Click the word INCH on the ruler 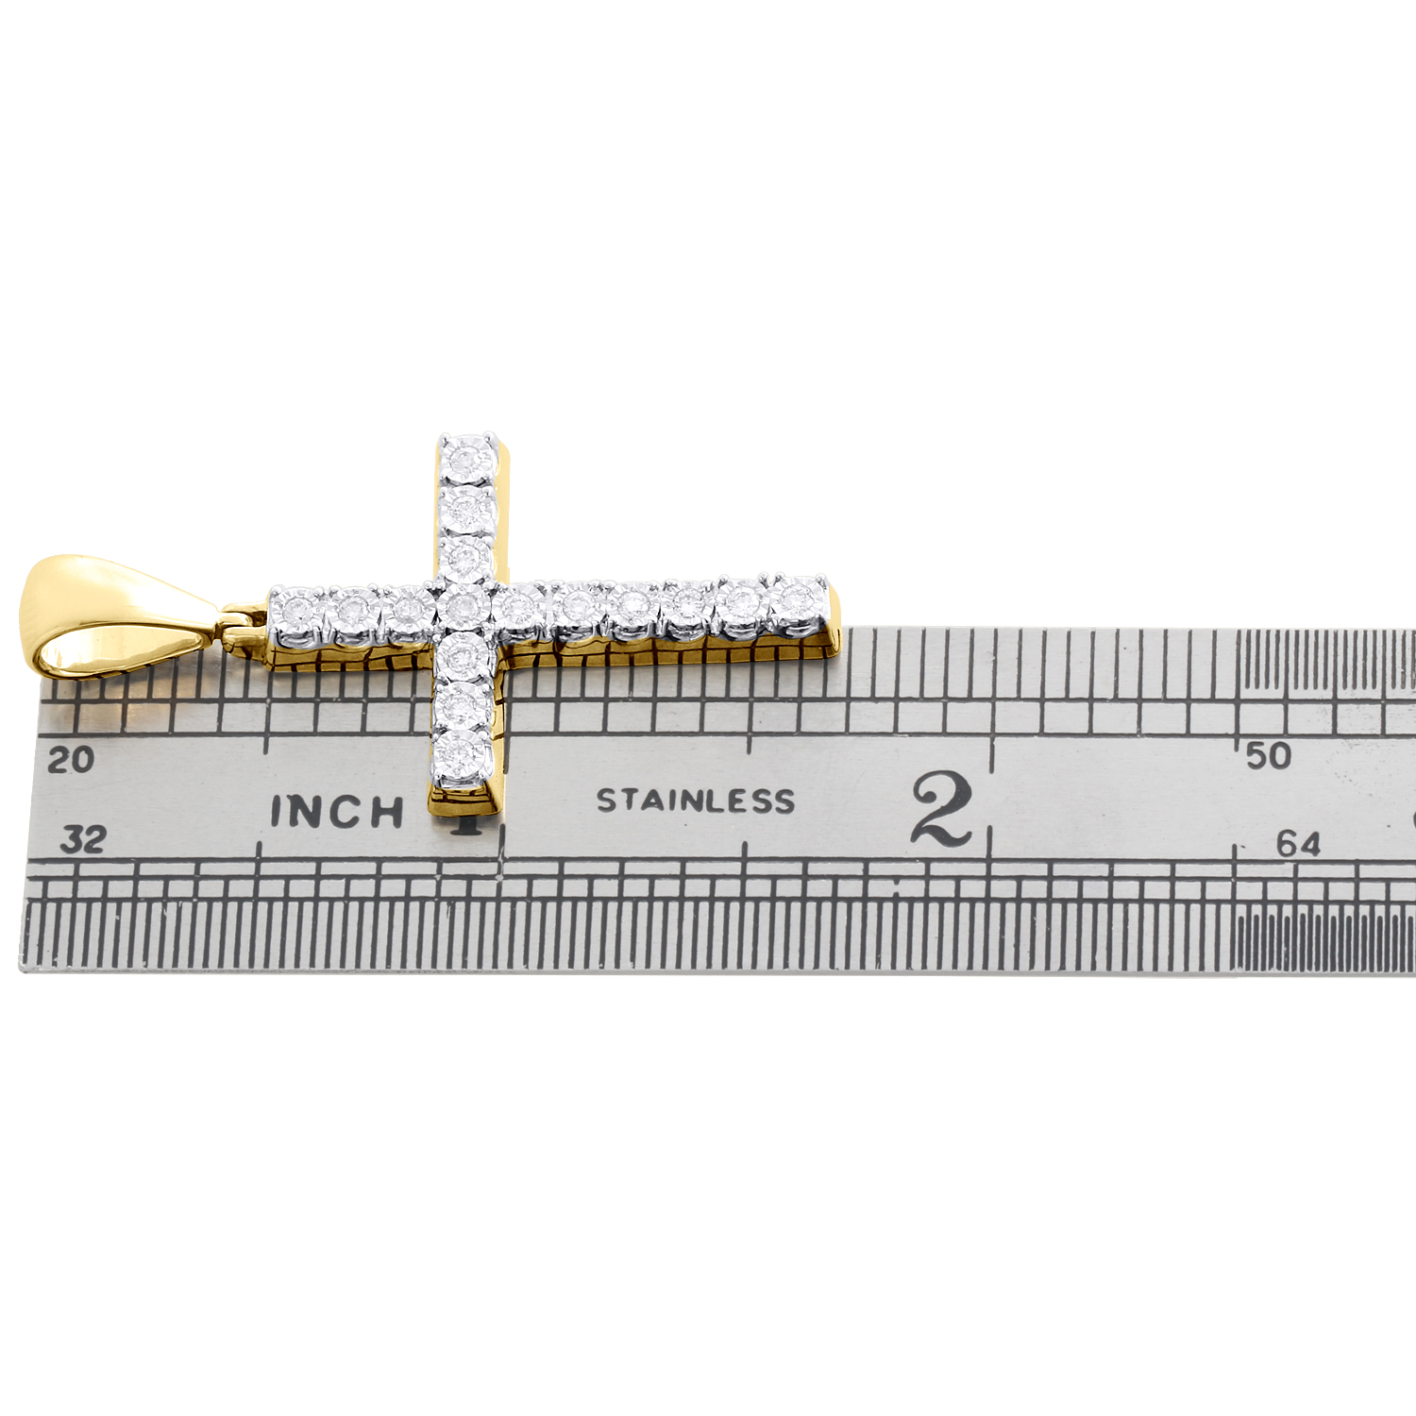(x=337, y=812)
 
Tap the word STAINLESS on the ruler (x=696, y=801)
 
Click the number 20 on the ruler (x=71, y=760)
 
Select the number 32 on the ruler (x=82, y=839)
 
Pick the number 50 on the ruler (x=1268, y=755)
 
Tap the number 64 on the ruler (x=1298, y=843)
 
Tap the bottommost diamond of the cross (x=462, y=753)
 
